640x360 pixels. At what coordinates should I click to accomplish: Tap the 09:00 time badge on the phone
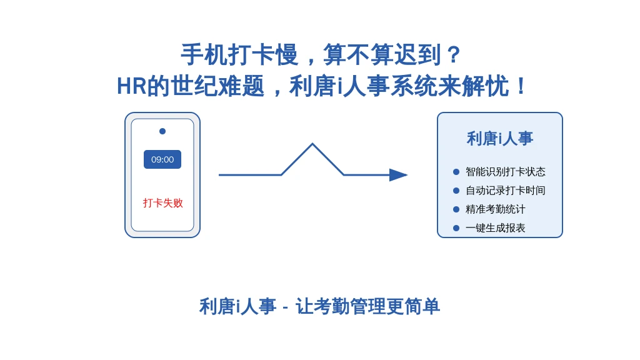[x=162, y=159]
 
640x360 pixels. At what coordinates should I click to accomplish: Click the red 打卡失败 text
[x=163, y=203]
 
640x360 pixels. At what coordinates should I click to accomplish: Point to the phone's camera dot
[x=162, y=131]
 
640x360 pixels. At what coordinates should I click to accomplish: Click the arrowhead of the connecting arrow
[x=398, y=175]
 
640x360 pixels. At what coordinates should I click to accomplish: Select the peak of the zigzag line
[x=312, y=144]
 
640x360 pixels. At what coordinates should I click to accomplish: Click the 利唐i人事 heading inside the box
[x=500, y=139]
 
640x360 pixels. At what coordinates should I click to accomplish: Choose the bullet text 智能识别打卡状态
[x=505, y=172]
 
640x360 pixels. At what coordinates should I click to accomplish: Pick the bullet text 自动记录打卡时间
[x=505, y=191]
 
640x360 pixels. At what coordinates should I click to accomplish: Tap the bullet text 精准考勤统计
[x=496, y=209]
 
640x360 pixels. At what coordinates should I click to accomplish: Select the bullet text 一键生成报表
[x=496, y=228]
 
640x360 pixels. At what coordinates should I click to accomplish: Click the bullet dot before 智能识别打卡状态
[x=456, y=172]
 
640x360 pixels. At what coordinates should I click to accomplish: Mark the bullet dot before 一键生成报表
[x=456, y=228]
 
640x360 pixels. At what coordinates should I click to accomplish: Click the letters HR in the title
[x=131, y=86]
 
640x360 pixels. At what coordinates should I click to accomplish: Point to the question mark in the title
[x=454, y=55]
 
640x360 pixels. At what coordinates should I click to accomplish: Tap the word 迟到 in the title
[x=417, y=55]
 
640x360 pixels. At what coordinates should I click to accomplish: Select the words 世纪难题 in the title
[x=217, y=86]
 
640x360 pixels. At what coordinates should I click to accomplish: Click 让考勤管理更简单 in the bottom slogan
[x=367, y=306]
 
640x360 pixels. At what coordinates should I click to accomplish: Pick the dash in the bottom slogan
[x=286, y=307]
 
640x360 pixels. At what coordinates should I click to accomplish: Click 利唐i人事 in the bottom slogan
[x=238, y=306]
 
